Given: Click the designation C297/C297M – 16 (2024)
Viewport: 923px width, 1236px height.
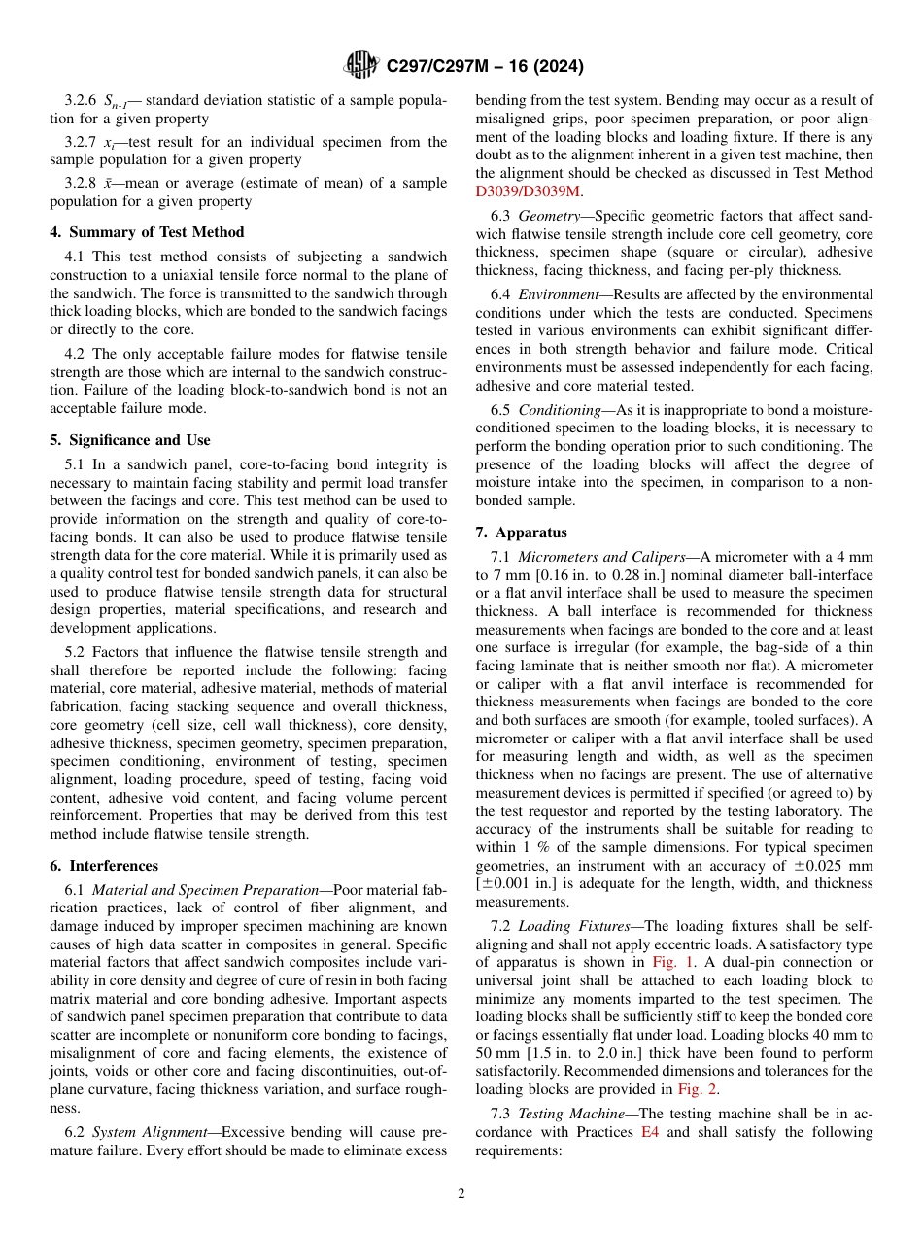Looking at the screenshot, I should pos(485,67).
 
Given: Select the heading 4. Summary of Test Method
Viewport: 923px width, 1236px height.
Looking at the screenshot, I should pos(147,232).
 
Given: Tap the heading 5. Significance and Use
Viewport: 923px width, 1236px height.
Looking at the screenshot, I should pos(130,440).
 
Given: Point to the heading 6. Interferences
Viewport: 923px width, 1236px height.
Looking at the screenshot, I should pos(104,866).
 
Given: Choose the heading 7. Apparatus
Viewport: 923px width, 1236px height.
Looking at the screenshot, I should pos(522,532).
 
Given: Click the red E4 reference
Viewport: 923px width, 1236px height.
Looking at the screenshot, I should pos(650,1132).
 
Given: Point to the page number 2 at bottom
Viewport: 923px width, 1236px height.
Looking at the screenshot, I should pos(461,1194).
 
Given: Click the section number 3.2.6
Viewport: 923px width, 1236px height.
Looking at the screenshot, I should pos(81,100).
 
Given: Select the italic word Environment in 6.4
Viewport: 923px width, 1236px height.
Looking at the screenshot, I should pos(558,294).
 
